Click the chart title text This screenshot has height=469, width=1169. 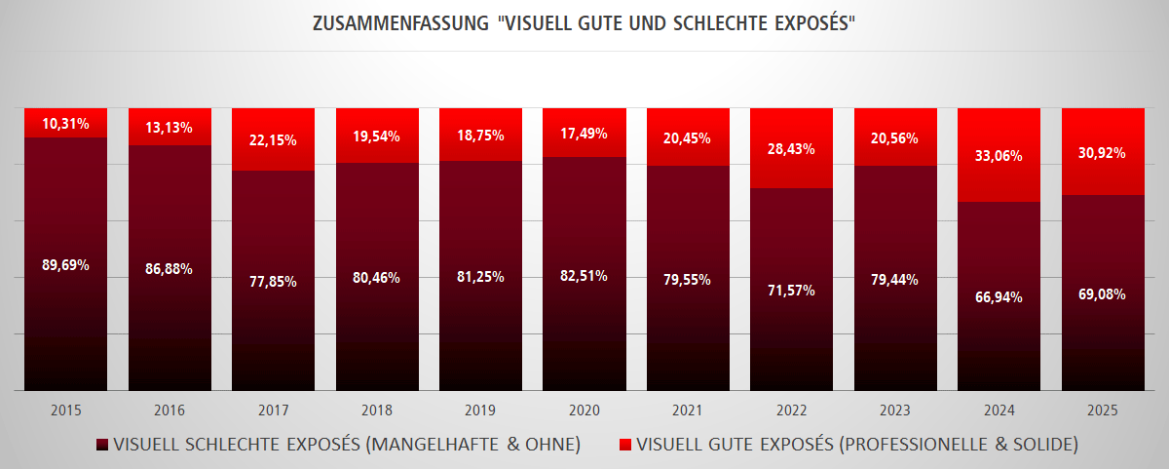point(584,23)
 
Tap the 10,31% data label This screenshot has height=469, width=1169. point(66,124)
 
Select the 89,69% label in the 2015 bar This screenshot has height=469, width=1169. point(66,264)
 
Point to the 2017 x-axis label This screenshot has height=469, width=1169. point(273,410)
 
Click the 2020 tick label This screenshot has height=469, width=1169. point(584,410)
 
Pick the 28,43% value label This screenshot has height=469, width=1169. point(791,149)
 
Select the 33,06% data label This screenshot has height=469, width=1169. point(999,156)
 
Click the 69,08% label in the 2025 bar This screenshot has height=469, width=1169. point(1103,293)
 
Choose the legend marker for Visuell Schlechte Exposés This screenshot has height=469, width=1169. point(102,446)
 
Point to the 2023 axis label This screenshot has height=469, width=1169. point(894,410)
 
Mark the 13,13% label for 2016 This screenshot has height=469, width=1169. point(170,127)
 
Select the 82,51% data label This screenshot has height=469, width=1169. point(584,275)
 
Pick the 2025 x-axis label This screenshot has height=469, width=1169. point(1103,410)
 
